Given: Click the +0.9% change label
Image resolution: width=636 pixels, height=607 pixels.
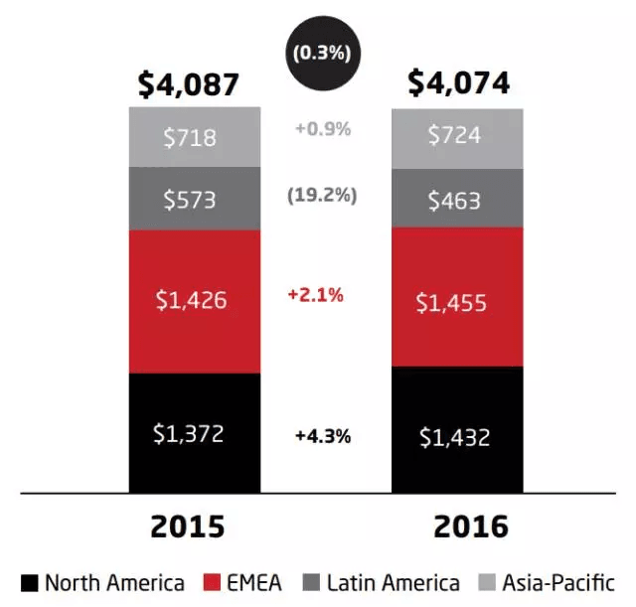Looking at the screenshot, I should pos(323,128).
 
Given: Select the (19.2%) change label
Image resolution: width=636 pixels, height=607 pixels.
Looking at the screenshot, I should pos(321,196).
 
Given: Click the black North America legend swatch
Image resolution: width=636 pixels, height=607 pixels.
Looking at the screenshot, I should pos(29,583).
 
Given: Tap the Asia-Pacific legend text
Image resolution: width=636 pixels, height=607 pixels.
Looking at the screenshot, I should pos(558,583).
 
